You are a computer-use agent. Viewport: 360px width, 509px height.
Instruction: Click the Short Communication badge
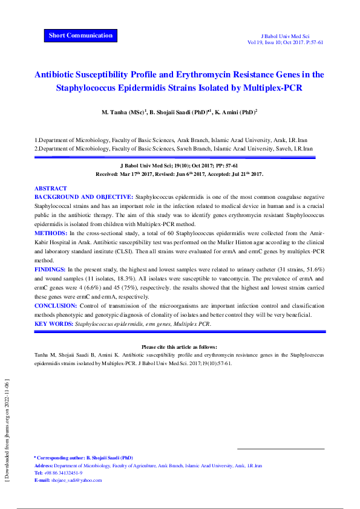(80, 35)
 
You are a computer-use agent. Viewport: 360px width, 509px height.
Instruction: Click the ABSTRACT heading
(51, 189)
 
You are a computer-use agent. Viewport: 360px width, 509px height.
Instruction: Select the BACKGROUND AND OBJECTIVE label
(83, 197)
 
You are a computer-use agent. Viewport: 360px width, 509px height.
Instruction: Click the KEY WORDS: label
(53, 324)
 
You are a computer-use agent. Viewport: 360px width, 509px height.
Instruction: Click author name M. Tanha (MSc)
(123, 112)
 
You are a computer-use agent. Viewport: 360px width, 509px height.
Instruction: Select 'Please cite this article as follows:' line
(180, 347)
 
